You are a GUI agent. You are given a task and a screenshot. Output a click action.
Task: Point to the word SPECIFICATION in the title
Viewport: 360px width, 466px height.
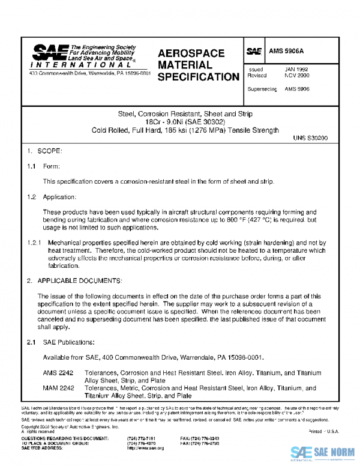point(199,77)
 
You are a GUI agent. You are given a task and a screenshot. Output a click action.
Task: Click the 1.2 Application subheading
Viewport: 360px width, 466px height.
point(51,196)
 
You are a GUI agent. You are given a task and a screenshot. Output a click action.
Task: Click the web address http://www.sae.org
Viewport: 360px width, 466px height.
point(146,449)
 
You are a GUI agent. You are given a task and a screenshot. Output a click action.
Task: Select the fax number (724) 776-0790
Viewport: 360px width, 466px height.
point(194,444)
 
